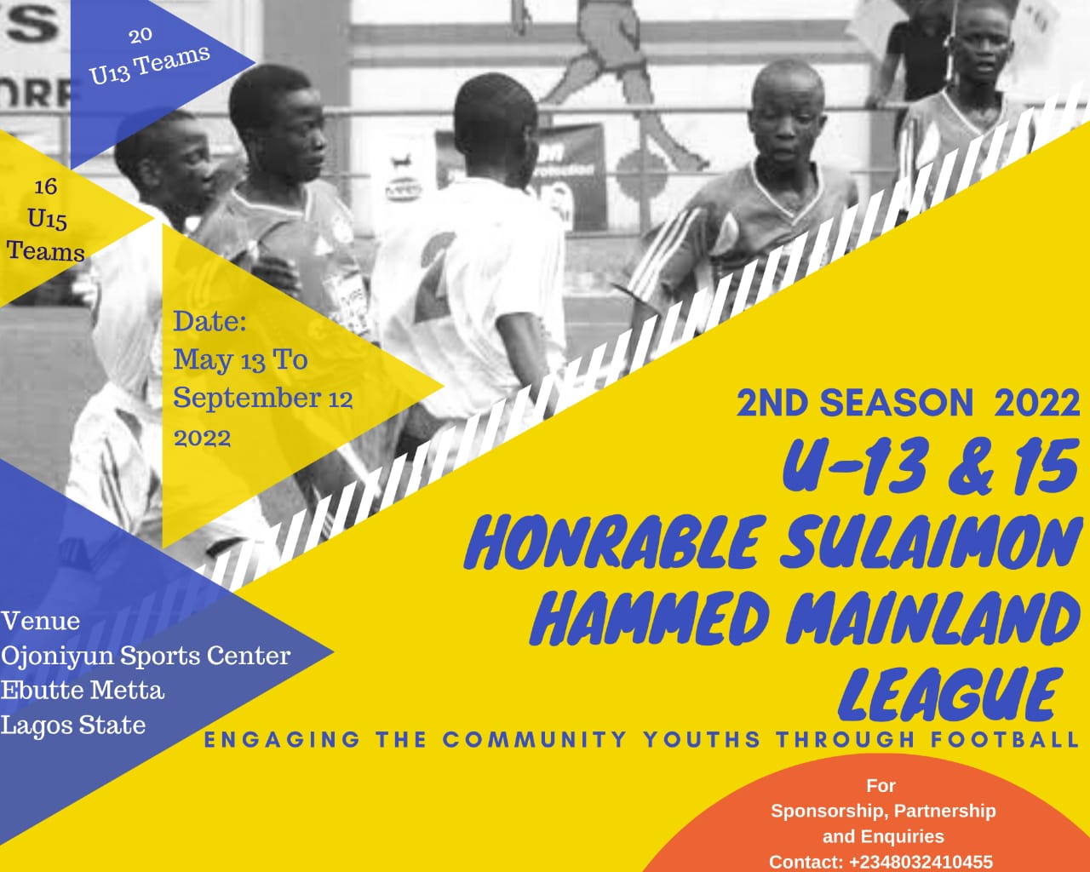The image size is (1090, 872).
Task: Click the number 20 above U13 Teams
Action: pos(141,36)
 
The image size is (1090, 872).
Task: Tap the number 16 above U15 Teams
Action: pos(46,187)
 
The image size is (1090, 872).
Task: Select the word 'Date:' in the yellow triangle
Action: pos(209,322)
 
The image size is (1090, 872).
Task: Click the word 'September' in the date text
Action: pos(247,399)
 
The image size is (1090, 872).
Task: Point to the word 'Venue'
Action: pos(41,621)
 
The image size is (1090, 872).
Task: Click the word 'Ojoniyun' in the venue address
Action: pos(58,657)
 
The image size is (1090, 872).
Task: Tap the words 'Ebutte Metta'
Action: pos(83,690)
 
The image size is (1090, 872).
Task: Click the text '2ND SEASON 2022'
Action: pos(908,404)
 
